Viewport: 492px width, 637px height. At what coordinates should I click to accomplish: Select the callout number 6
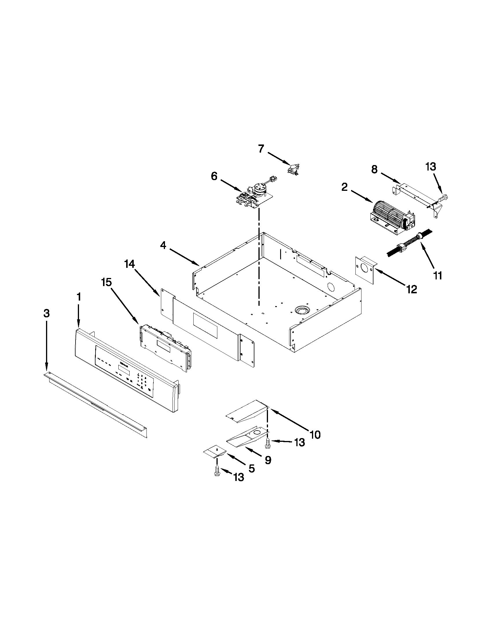point(214,176)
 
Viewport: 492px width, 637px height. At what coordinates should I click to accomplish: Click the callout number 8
point(374,169)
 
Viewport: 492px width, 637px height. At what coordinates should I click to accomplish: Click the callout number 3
point(47,314)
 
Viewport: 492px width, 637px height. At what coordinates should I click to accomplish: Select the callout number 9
point(268,460)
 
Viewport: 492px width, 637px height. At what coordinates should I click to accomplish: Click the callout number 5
point(251,469)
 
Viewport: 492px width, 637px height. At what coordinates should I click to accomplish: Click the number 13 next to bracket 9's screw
point(299,442)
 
